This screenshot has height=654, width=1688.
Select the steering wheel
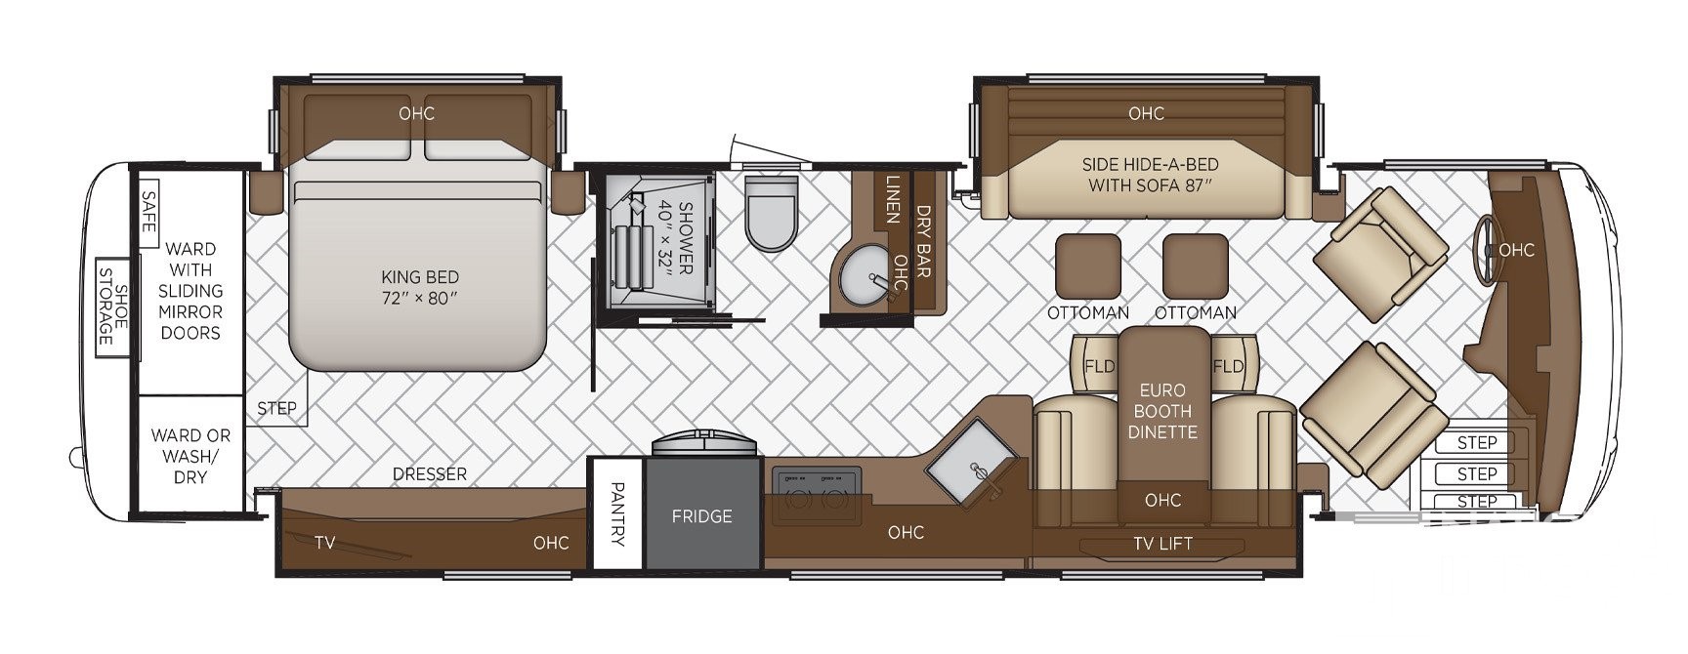click(x=1486, y=250)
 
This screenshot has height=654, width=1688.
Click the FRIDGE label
click(x=701, y=516)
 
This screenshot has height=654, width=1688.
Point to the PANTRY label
click(x=617, y=513)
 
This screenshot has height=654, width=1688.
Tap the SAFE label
click(x=148, y=211)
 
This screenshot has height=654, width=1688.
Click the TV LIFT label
click(x=1162, y=544)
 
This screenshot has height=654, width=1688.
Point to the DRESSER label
click(x=430, y=474)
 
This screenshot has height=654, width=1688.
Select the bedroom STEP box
click(x=276, y=409)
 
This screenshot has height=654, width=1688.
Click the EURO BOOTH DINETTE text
click(x=1162, y=411)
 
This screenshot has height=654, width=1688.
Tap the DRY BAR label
click(x=922, y=241)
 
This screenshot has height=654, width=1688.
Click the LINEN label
click(x=892, y=200)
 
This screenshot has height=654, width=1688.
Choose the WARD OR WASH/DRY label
click(x=190, y=456)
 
